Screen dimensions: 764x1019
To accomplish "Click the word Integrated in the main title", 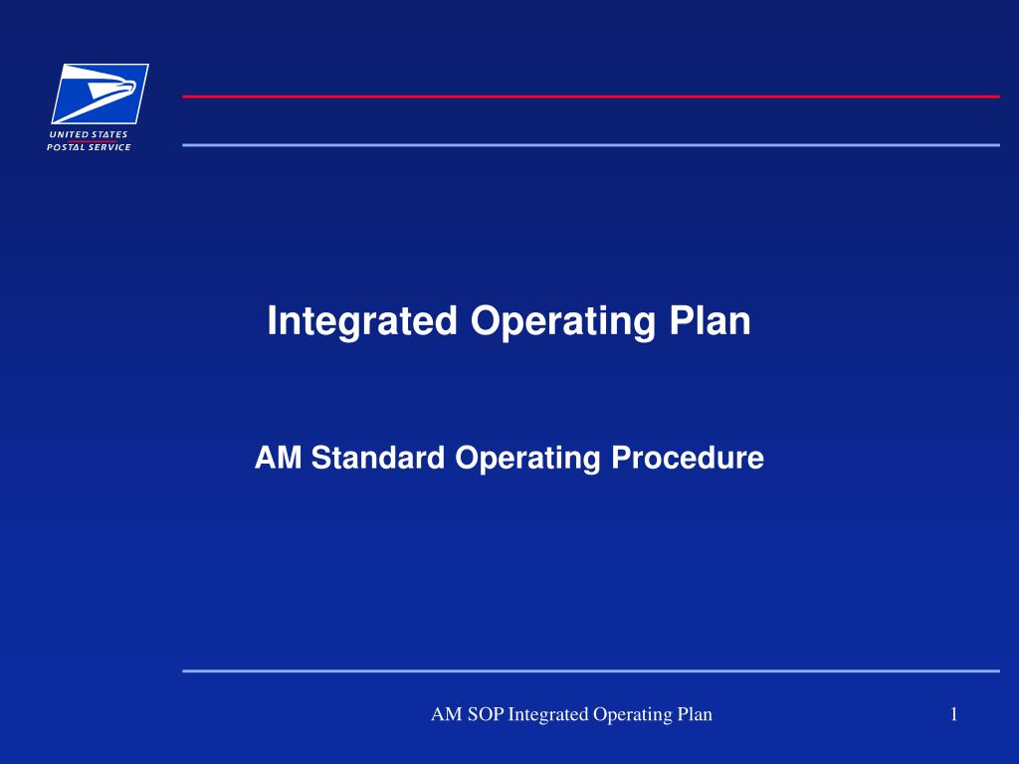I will click(x=361, y=321).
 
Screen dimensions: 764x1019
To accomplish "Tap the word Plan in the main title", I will click(x=711, y=320).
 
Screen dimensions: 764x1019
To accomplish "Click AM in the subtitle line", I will click(x=278, y=458).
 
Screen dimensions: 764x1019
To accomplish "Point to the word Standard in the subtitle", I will click(x=377, y=458).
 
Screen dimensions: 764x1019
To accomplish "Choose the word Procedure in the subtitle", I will click(x=687, y=458).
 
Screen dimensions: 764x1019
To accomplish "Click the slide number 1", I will click(x=953, y=713).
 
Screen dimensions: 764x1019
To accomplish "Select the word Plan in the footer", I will click(x=695, y=713).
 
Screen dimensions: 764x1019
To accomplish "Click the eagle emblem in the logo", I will click(x=100, y=93).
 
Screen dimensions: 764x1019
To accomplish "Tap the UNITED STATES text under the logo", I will click(x=89, y=134).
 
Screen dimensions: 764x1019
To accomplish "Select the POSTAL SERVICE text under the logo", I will click(x=89, y=147).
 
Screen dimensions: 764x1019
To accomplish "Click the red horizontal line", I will click(x=590, y=96).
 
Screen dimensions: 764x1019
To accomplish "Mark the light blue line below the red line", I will click(x=590, y=145).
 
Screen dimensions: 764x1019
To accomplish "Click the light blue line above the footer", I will click(x=590, y=670).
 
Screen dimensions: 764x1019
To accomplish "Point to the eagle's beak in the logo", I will click(x=131, y=93).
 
